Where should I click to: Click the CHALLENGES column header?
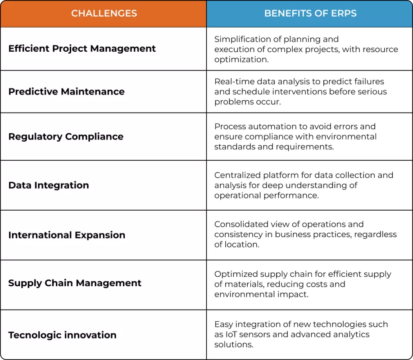(104, 13)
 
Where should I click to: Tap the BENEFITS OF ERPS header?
(310, 13)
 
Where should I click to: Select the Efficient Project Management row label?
(82, 49)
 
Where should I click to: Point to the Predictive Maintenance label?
(66, 92)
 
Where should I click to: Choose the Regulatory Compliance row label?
(66, 137)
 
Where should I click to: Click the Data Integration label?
(49, 185)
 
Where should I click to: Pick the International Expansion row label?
(67, 235)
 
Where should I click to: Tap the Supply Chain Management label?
(75, 283)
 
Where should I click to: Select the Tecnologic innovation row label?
(62, 335)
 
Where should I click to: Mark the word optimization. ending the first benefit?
(241, 60)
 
